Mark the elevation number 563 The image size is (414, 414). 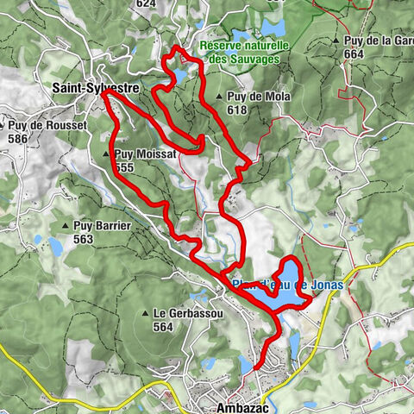[x=84, y=239]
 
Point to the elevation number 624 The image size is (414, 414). [x=146, y=3]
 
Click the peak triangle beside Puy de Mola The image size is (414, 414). [x=221, y=97]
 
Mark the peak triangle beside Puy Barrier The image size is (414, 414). [x=66, y=226]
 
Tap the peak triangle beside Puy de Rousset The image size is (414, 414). [x=3, y=126]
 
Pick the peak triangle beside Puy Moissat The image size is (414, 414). [x=107, y=154]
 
